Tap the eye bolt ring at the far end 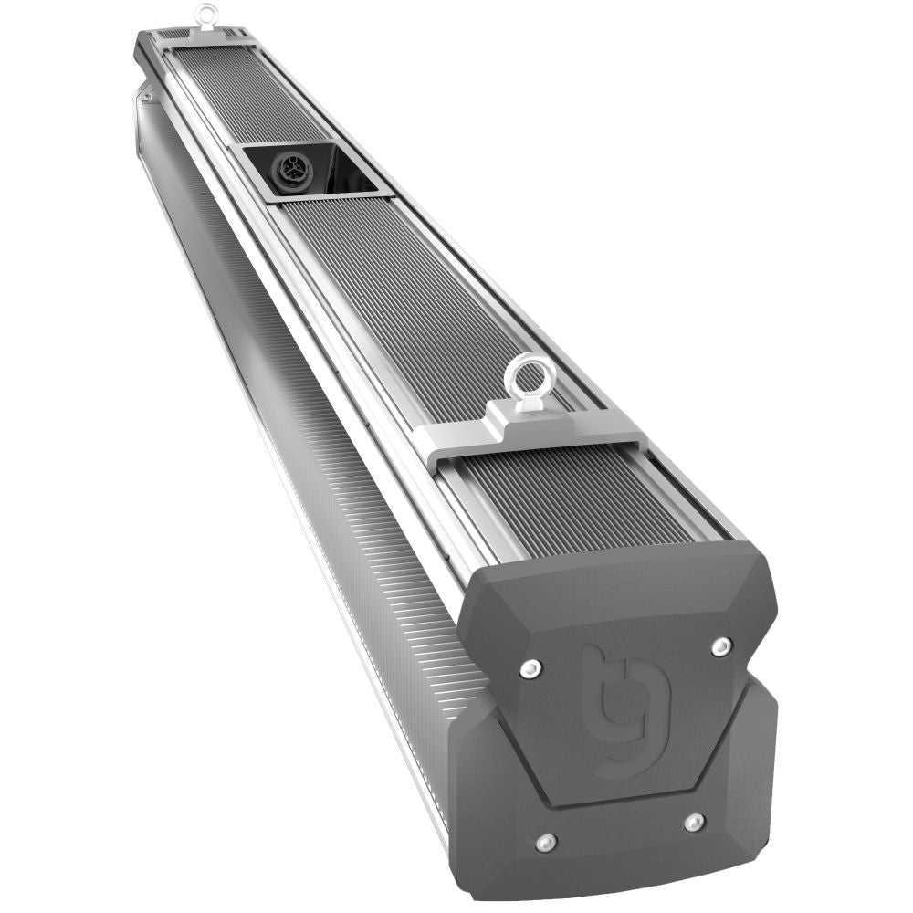pyautogui.click(x=207, y=14)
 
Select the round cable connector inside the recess pyautogui.click(x=289, y=170)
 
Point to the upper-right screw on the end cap pyautogui.click(x=721, y=646)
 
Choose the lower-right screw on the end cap pyautogui.click(x=694, y=822)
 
